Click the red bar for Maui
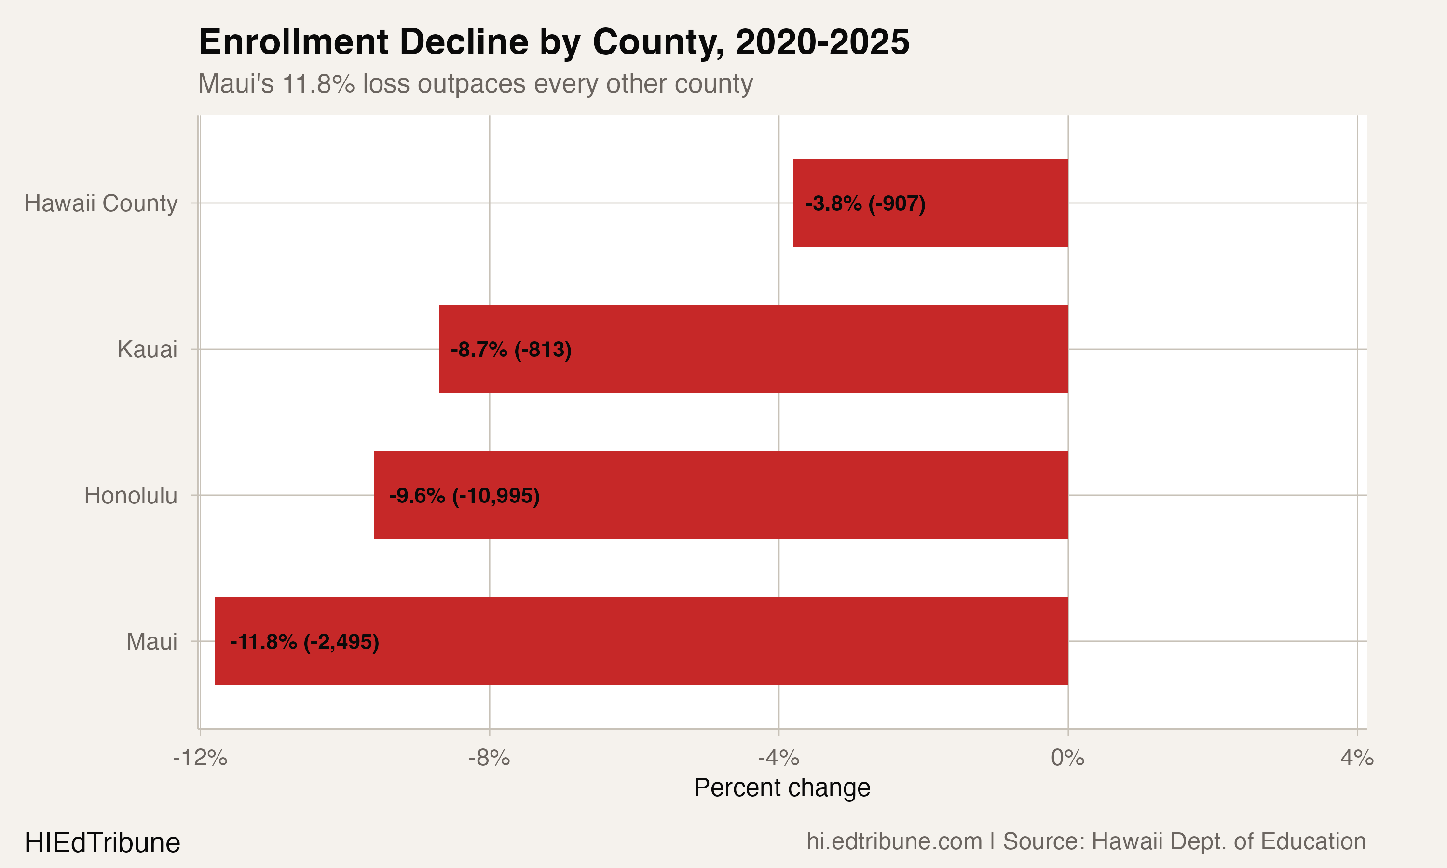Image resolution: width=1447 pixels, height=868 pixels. click(702, 641)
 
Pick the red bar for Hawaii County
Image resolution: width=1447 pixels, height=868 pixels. click(994, 203)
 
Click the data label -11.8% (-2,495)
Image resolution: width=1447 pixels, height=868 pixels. click(304, 642)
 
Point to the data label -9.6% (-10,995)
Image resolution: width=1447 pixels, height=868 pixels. click(464, 495)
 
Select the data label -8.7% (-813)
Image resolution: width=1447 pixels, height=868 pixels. click(511, 349)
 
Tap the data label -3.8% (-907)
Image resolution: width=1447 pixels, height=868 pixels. click(865, 203)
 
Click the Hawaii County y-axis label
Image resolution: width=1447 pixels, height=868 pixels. click(101, 203)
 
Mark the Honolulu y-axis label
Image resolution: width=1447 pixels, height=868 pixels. click(130, 495)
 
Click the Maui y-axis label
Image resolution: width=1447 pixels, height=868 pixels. click(151, 642)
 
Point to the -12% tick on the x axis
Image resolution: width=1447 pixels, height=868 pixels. click(200, 758)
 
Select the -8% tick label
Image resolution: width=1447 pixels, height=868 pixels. click(489, 758)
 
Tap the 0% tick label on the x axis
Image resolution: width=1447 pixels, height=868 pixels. click(1067, 758)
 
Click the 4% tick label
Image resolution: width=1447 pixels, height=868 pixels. click(1357, 758)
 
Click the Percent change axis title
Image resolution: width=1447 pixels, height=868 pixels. click(782, 787)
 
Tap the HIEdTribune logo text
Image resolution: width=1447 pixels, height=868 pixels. click(102, 843)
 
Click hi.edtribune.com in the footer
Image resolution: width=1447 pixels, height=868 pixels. click(894, 841)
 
